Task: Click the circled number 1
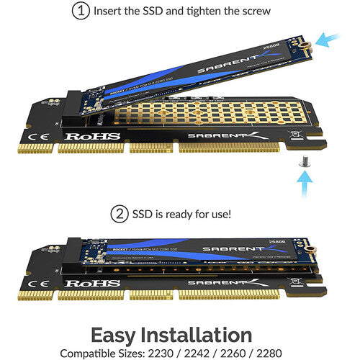tap(81, 11)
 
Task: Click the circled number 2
tap(119, 214)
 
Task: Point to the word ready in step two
tap(190, 214)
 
